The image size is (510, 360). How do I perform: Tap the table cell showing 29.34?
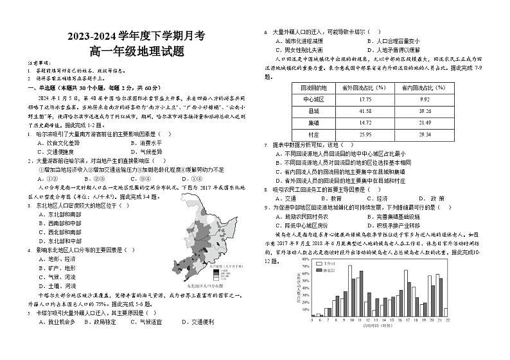[x=424, y=135]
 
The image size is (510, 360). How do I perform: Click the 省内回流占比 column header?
[x=424, y=87]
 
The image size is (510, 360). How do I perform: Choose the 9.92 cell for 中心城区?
[x=424, y=99]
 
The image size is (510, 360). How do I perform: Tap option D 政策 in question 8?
[x=432, y=198]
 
